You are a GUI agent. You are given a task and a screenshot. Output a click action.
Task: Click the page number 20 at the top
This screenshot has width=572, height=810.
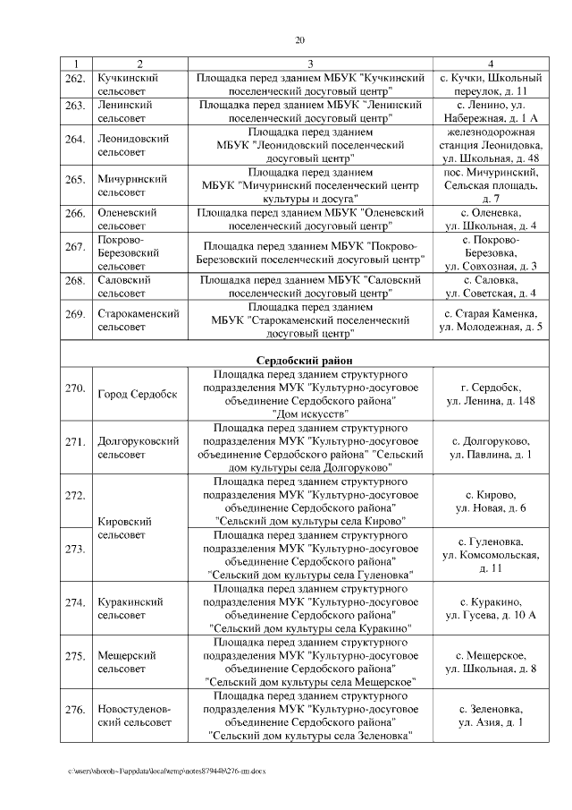coord(300,39)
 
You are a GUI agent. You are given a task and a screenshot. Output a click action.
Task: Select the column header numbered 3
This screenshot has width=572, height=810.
coord(310,63)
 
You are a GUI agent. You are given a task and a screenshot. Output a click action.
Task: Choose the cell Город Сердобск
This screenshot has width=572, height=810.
coord(137,394)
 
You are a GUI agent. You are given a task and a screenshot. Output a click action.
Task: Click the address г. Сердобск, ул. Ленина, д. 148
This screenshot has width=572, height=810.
coord(491,394)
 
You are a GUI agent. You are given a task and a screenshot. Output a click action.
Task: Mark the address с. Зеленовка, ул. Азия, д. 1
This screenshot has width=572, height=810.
coord(491,716)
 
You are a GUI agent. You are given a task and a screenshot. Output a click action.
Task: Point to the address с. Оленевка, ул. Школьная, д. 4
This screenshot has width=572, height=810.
coord(491,219)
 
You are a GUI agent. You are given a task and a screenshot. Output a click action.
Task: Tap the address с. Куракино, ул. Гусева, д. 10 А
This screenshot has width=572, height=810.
coord(491,608)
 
